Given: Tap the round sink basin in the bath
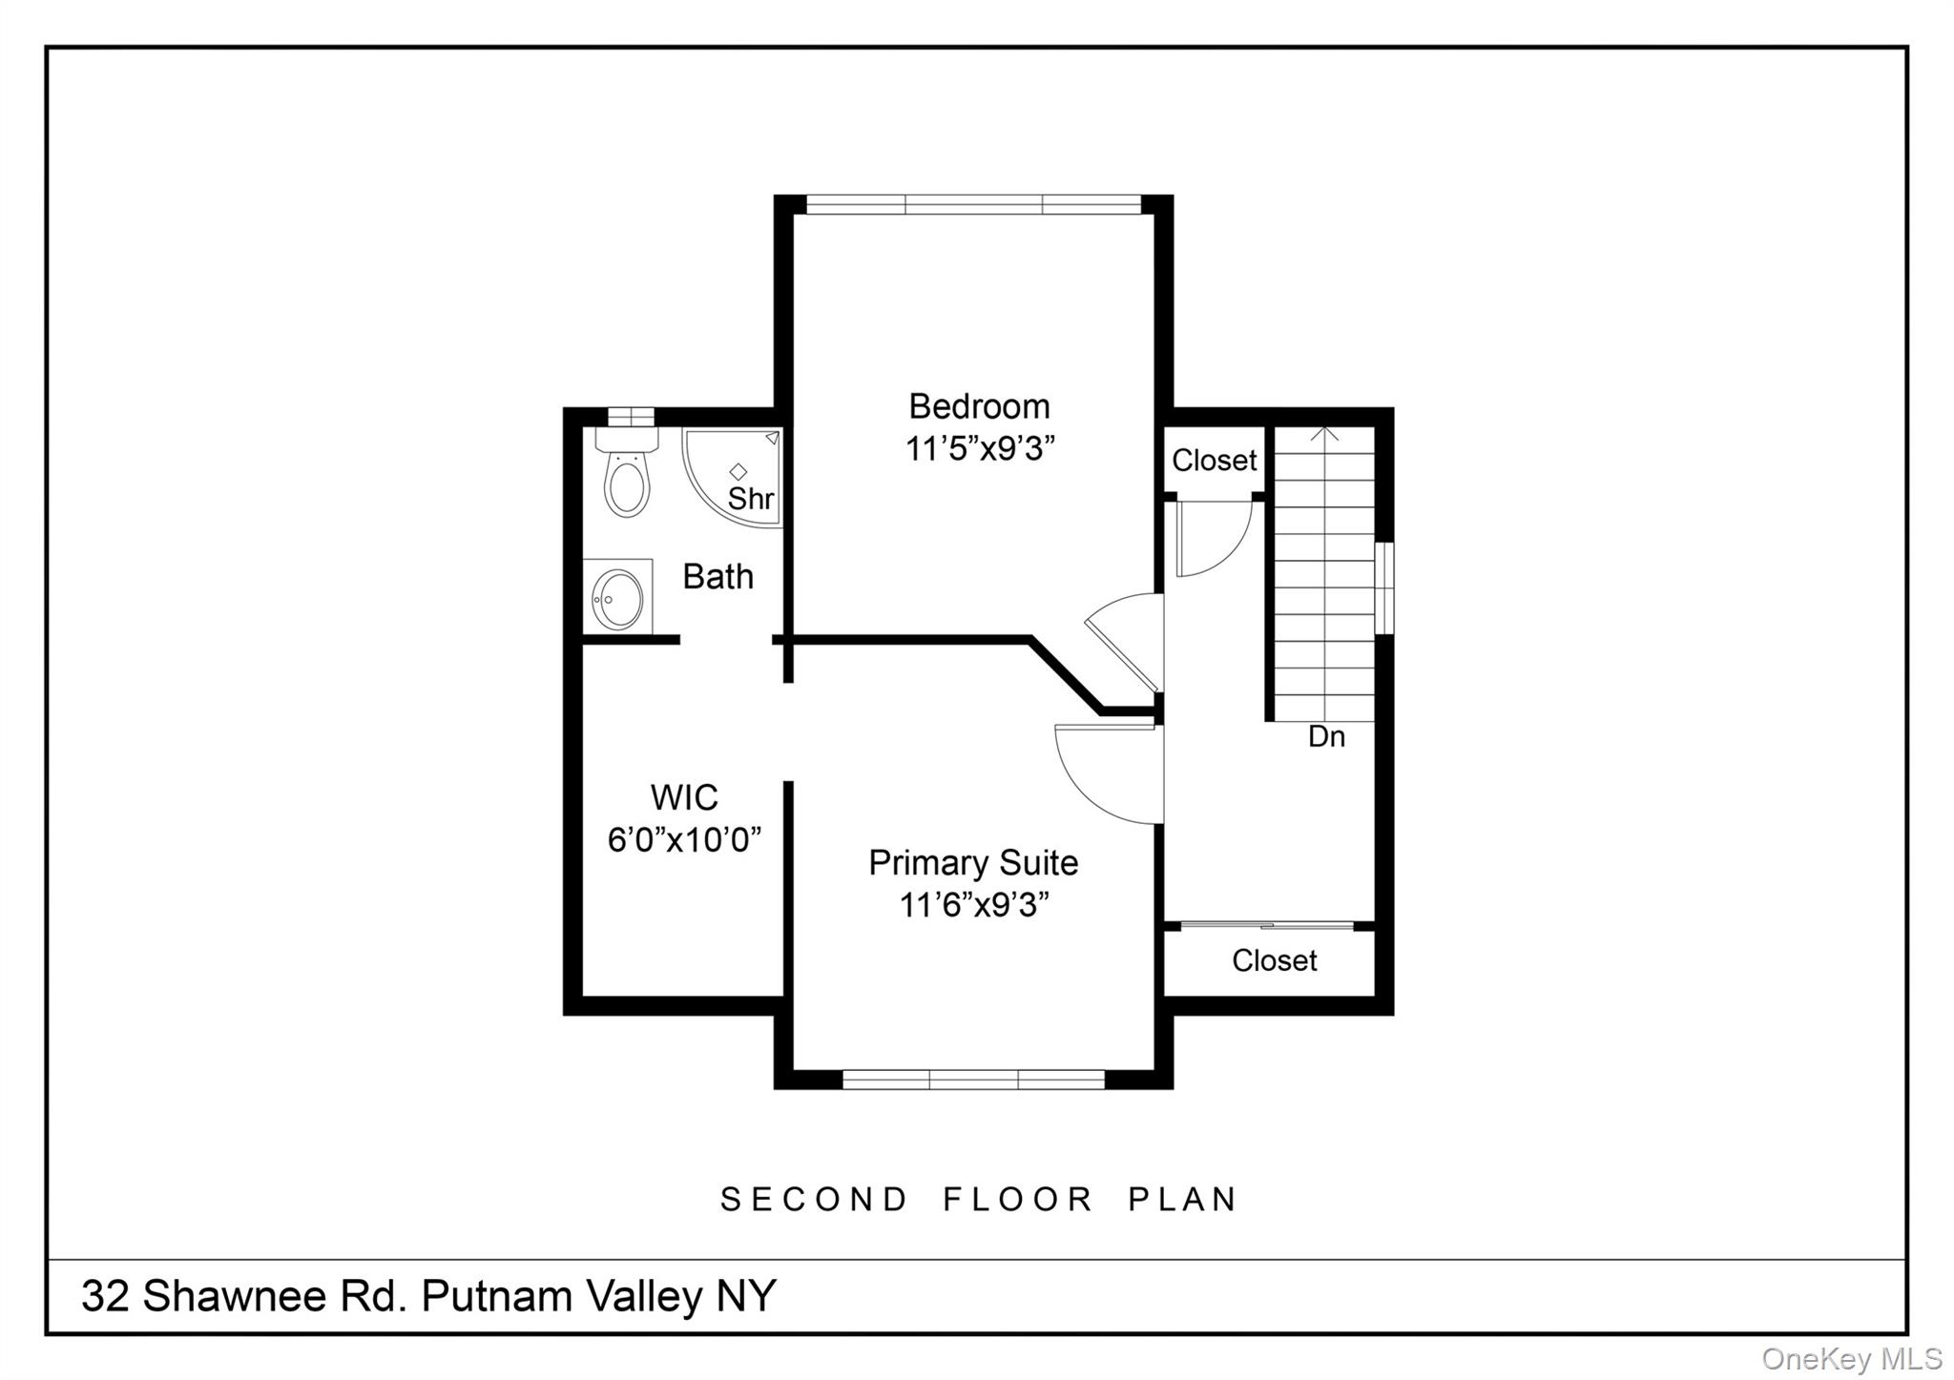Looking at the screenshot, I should coord(617,598).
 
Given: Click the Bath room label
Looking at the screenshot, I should coord(717,577).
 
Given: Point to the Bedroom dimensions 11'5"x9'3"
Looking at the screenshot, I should coord(979,448).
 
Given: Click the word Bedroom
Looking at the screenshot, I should coord(979,406).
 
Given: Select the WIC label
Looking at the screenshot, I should coord(683,797).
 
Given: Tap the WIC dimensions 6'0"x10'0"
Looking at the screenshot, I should coord(684,840).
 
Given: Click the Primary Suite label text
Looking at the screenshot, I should coord(973,863).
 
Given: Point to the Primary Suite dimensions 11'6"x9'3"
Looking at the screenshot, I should coord(974,905).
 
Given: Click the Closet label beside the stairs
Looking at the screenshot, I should coord(1214,461).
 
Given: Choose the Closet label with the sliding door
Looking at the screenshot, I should coord(1274,960).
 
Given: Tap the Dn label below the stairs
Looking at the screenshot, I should coord(1326,736).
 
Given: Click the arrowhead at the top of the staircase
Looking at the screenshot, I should coord(1324,434).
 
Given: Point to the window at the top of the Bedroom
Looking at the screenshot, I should coord(973,204).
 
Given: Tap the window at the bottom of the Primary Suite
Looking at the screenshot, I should coord(973,1080).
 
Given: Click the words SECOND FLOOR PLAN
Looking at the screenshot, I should coord(979,1199).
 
